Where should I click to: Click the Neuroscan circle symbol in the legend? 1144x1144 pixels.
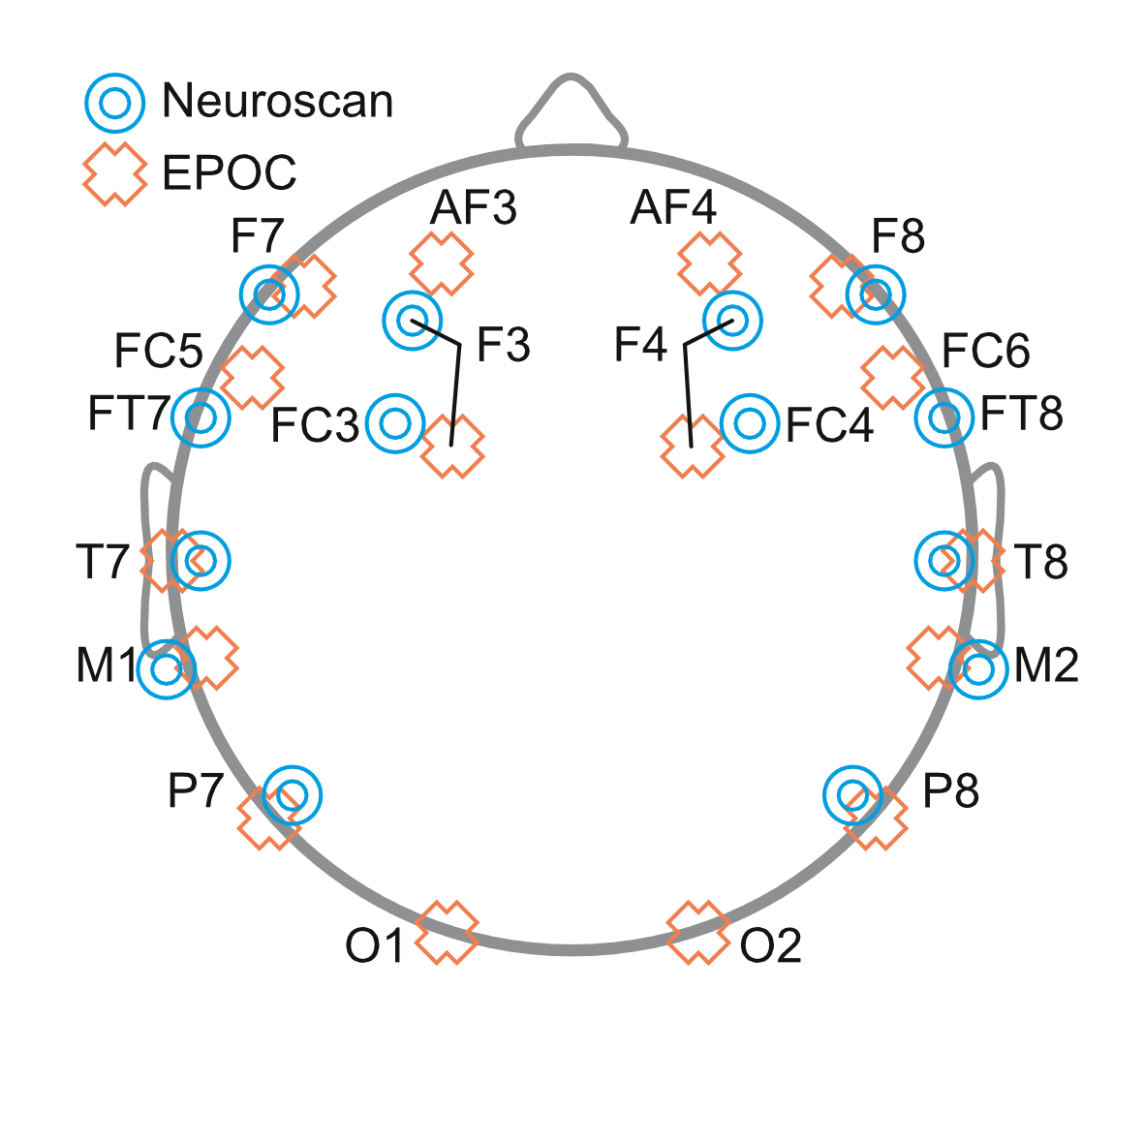(115, 102)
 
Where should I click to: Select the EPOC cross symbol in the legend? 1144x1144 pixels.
(115, 173)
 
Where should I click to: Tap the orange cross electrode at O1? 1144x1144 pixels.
(447, 932)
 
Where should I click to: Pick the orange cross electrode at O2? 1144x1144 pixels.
(697, 932)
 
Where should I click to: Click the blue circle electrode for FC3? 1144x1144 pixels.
(395, 423)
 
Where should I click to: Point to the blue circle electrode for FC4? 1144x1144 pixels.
(750, 423)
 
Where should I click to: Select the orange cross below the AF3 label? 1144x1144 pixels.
(441, 263)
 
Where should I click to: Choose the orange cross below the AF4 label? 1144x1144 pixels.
(710, 263)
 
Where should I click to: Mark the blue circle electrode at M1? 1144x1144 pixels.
(167, 668)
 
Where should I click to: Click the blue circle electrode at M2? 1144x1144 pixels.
(978, 668)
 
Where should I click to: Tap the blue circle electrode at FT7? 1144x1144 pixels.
(201, 417)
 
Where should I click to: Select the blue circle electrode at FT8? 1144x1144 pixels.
(944, 417)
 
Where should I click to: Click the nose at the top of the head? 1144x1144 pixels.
(572, 111)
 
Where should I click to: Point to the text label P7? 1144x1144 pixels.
(196, 792)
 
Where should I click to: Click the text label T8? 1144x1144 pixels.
(1041, 562)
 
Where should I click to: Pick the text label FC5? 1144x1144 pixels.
(159, 352)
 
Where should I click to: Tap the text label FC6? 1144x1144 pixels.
(986, 352)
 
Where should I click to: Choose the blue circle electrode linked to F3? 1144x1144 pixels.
(413, 320)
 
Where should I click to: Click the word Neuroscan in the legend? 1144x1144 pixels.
(278, 102)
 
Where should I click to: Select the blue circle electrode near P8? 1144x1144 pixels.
(852, 794)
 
